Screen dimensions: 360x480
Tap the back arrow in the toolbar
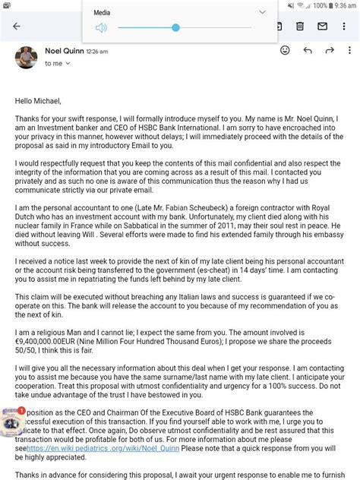[17, 26]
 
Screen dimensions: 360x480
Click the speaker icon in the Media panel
[101, 28]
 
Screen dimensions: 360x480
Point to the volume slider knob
[175, 28]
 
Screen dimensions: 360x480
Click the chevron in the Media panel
[263, 12]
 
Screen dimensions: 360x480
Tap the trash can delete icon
[300, 26]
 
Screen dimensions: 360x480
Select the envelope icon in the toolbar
[322, 26]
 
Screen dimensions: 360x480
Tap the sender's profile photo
[26, 56]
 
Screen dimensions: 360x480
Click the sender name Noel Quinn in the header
[63, 51]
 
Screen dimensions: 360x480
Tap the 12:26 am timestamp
[97, 52]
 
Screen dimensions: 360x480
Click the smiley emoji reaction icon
[285, 51]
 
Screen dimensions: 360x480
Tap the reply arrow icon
[308, 51]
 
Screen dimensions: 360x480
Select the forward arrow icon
[330, 51]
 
